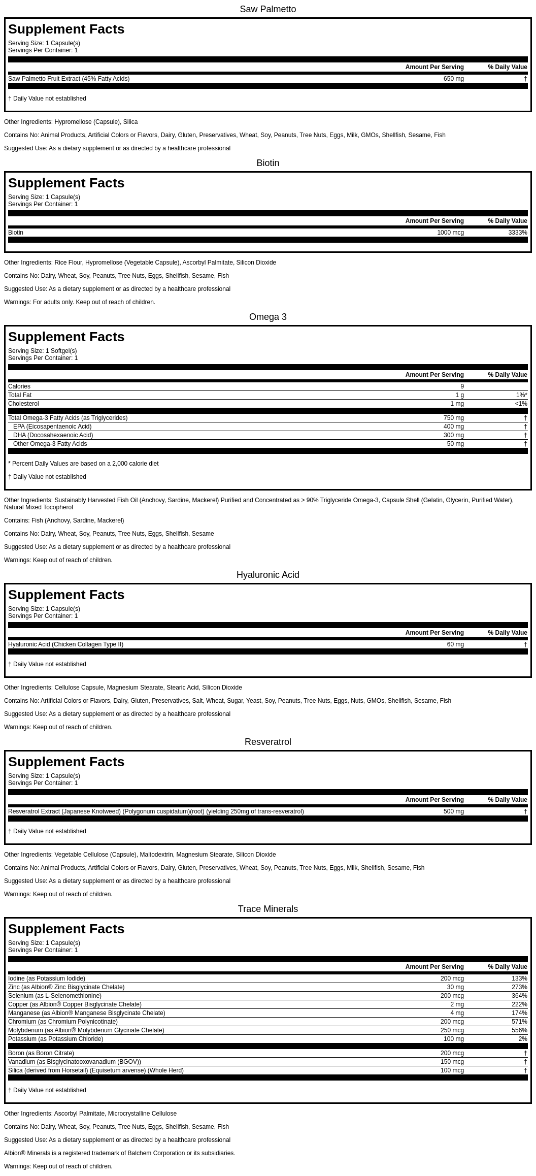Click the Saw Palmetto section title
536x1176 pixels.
pyautogui.click(x=267, y=9)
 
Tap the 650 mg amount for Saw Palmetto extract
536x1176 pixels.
pyautogui.click(x=453, y=79)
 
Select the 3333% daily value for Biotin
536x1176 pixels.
pyautogui.click(x=517, y=233)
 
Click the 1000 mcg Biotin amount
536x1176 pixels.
pyautogui.click(x=450, y=233)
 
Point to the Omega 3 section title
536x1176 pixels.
pyautogui.click(x=267, y=317)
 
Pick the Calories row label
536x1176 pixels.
pyautogui.click(x=19, y=386)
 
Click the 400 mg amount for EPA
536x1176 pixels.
pyautogui.click(x=453, y=427)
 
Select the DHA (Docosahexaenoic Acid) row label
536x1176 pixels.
pyautogui.click(x=53, y=435)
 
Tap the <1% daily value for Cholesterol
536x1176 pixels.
pyautogui.click(x=521, y=404)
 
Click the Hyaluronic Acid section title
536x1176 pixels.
pyautogui.click(x=267, y=575)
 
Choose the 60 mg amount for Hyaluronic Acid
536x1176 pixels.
pyautogui.click(x=455, y=644)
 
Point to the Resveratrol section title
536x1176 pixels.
pyautogui.click(x=267, y=742)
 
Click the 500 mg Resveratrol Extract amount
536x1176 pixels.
pyautogui.click(x=453, y=811)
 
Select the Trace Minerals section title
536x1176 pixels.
pyautogui.click(x=267, y=909)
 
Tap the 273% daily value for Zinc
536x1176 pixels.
pyautogui.click(x=519, y=987)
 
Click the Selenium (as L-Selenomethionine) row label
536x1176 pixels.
pyautogui.click(x=55, y=996)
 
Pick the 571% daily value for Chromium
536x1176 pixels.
pyautogui.click(x=519, y=1022)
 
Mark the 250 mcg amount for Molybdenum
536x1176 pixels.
pyautogui.click(x=452, y=1030)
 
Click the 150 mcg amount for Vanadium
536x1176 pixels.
pyautogui.click(x=452, y=1062)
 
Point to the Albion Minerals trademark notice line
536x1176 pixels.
pyautogui.click(x=120, y=1153)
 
